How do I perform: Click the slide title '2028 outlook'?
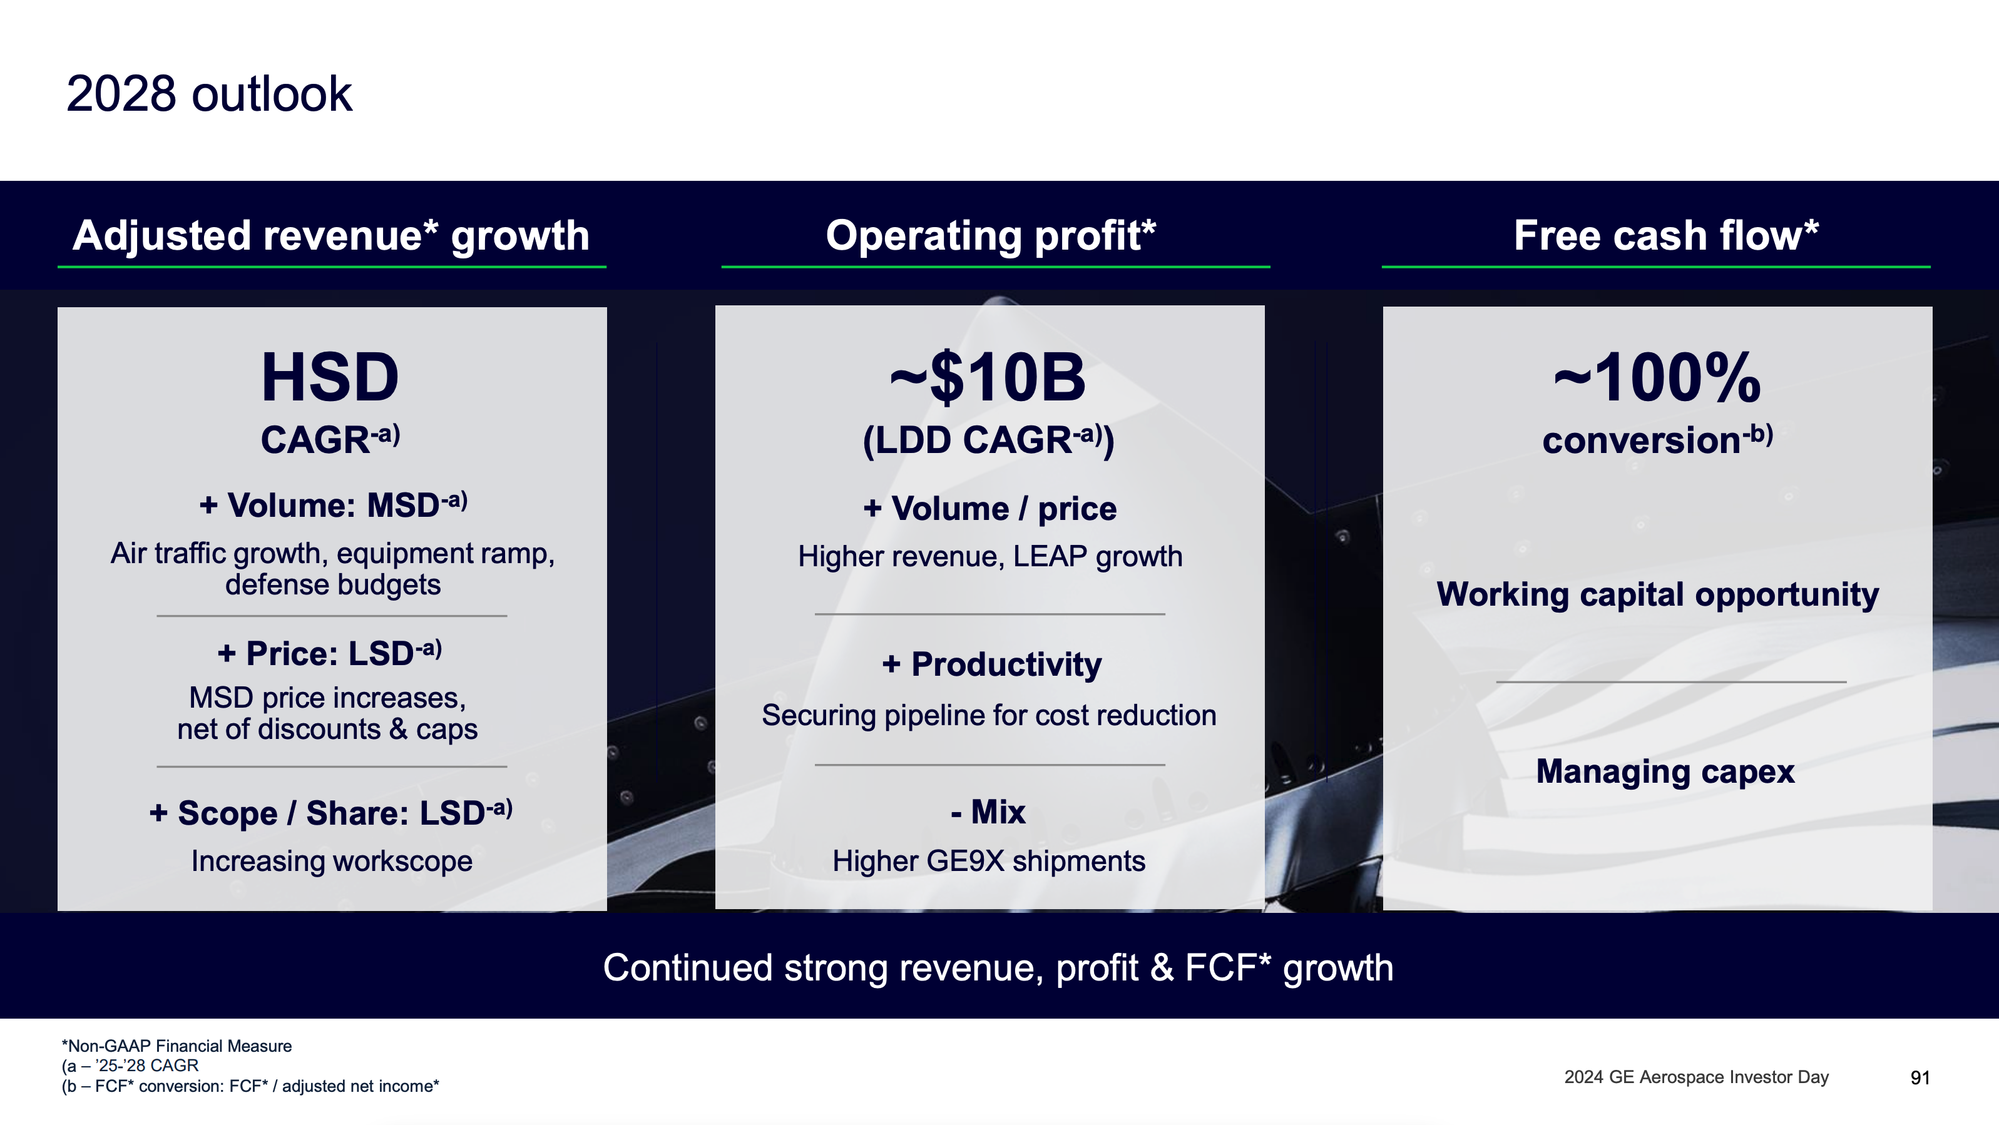(209, 94)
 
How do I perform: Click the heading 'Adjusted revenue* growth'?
(331, 235)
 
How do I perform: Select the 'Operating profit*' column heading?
(990, 235)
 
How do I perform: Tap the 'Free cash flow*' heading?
(1665, 235)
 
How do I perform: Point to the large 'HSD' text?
(330, 378)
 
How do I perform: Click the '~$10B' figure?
(987, 378)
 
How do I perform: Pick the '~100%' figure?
(1657, 378)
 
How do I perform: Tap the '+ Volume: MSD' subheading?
(333, 505)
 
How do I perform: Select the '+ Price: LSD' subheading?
(329, 653)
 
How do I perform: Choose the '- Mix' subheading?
(988, 812)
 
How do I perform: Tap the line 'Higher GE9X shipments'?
(989, 861)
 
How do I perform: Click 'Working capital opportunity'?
(1657, 594)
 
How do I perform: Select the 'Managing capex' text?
(1665, 771)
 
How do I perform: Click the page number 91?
(1920, 1077)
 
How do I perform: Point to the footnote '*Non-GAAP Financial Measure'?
(177, 1046)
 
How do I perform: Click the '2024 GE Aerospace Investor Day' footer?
(1696, 1077)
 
